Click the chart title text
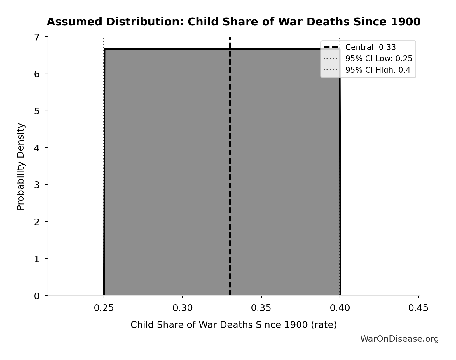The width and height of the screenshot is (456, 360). pos(233,22)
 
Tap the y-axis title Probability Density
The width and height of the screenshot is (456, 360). pos(21,166)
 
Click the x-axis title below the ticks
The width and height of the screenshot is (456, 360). pos(233,325)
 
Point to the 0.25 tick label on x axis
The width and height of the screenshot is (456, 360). pos(104,308)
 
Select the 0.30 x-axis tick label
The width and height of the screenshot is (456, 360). pos(183,308)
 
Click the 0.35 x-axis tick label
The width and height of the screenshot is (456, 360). pos(261,308)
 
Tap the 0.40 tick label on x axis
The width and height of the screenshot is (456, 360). pos(340,308)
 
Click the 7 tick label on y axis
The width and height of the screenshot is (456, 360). pos(37,37)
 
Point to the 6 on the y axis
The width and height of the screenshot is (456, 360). pos(37,74)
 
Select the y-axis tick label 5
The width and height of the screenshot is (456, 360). pos(37,111)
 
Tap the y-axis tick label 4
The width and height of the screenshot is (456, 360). pos(37,148)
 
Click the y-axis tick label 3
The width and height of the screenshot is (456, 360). pos(37,185)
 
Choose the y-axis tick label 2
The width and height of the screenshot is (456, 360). pos(37,222)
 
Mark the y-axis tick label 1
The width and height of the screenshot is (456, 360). pos(37,259)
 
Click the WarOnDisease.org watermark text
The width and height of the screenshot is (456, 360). pos(399,339)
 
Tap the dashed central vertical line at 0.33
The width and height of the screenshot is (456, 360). pos(230,175)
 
